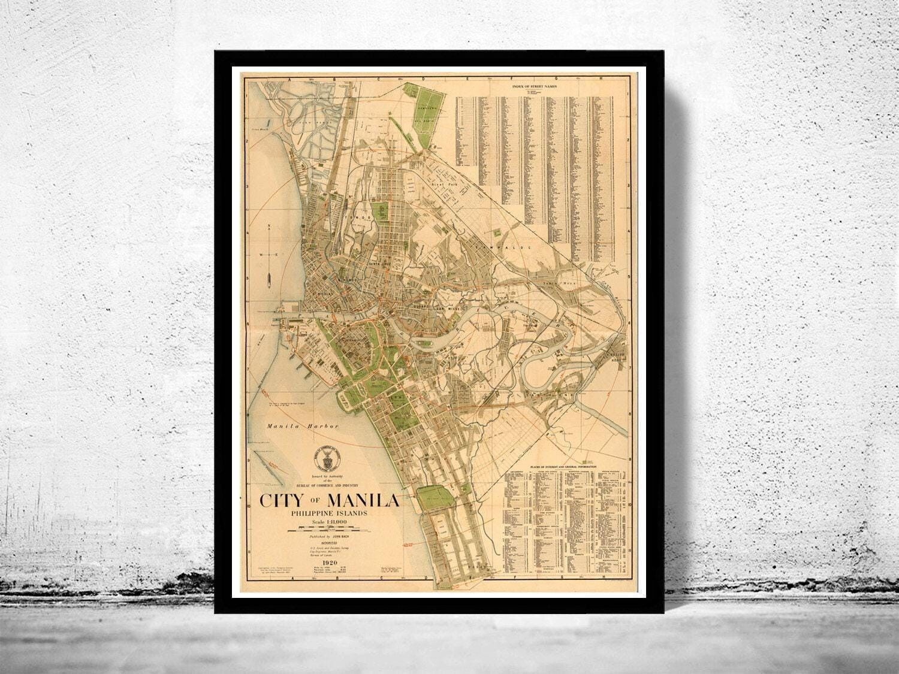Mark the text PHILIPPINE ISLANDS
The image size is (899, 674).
(x=329, y=513)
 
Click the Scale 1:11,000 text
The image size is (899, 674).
(x=329, y=522)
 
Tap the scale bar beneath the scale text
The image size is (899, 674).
(x=329, y=529)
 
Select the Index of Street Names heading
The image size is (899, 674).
(x=535, y=87)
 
